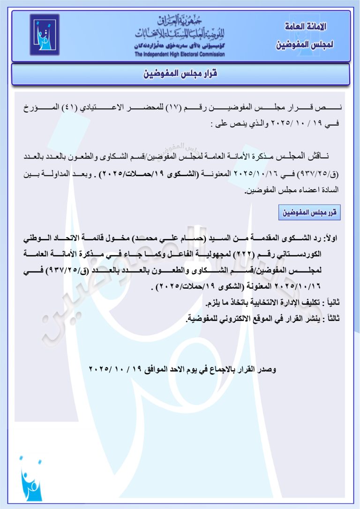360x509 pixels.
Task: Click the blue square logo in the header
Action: [x=45, y=35]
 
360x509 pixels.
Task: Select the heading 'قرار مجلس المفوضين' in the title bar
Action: [x=180, y=75]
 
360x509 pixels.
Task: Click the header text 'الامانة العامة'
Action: [x=305, y=26]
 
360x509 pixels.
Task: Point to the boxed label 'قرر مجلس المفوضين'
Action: [x=309, y=213]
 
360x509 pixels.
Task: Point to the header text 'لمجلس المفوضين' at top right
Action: [x=305, y=45]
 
